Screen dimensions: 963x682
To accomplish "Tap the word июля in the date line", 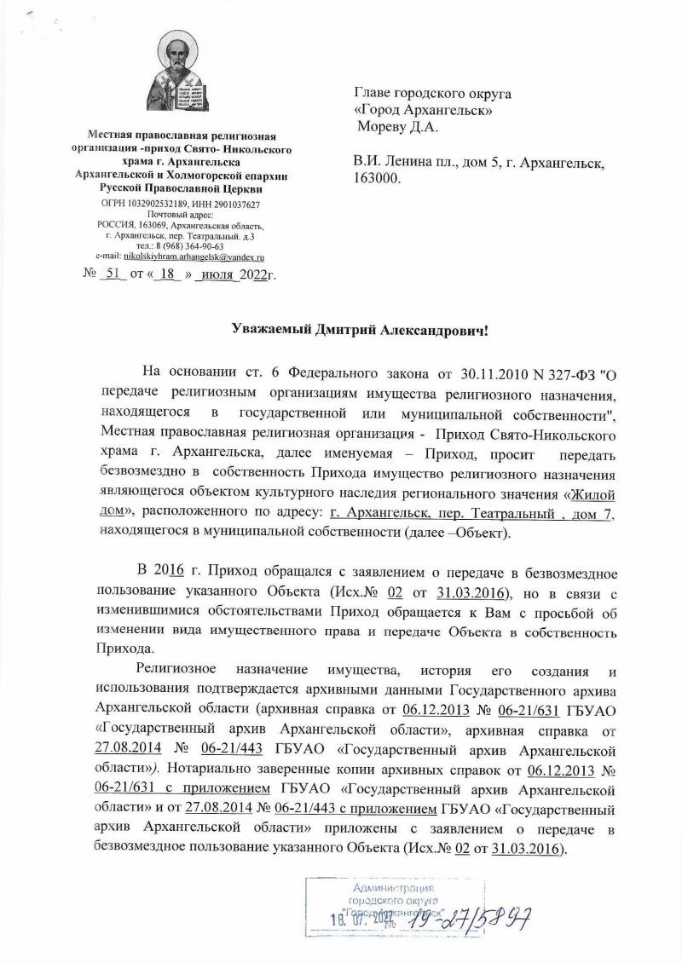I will pyautogui.click(x=214, y=274).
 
